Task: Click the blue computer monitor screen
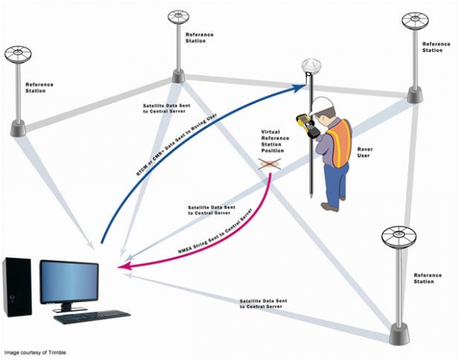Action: point(70,281)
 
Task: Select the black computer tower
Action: point(17,287)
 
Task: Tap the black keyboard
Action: point(92,316)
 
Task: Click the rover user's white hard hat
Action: point(321,106)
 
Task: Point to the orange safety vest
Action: point(340,143)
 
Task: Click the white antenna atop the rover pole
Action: point(311,66)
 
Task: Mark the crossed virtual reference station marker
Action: point(269,164)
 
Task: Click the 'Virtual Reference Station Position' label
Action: point(275,141)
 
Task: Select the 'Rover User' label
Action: point(365,152)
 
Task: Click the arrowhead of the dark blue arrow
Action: point(300,87)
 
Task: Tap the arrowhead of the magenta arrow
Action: point(123,266)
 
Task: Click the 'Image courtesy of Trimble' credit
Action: point(35,352)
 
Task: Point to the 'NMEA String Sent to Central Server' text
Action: point(216,231)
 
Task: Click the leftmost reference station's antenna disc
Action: point(18,54)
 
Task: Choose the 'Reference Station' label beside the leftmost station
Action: point(40,88)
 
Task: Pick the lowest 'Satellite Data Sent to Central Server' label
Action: point(263,303)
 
